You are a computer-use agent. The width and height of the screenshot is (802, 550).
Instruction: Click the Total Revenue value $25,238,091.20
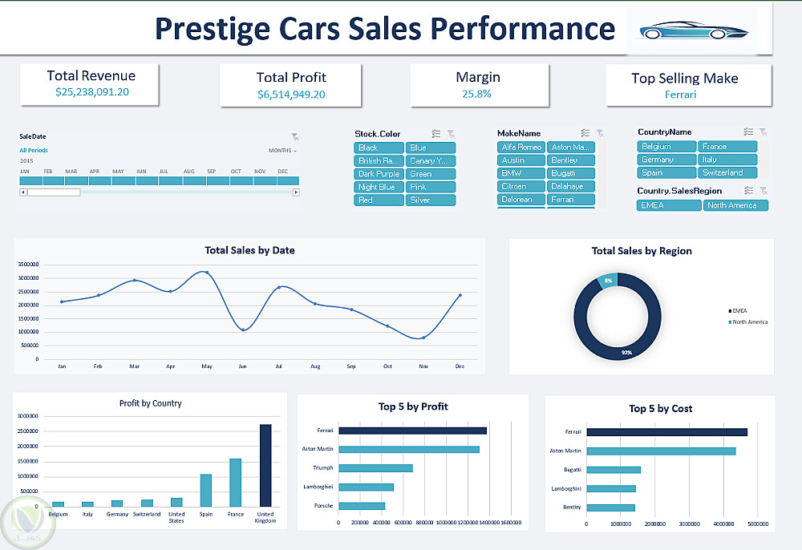92,92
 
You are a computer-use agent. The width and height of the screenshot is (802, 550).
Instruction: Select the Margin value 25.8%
477,94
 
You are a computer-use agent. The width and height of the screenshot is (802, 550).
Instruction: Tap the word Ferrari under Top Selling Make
681,95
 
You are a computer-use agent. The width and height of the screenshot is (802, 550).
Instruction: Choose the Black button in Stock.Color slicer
379,148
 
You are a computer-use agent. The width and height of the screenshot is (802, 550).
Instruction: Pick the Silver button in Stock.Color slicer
431,200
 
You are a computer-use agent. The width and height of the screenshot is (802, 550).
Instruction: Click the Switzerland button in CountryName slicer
727,172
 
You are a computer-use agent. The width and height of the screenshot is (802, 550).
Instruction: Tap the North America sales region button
735,205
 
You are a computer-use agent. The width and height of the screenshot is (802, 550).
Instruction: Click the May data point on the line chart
207,273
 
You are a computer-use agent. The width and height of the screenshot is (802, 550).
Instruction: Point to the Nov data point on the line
423,338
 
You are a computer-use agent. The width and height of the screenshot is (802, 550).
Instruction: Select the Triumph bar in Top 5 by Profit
375,467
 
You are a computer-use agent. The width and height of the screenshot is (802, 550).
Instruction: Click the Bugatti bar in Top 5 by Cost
614,470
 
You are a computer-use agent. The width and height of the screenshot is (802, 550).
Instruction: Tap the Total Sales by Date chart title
249,250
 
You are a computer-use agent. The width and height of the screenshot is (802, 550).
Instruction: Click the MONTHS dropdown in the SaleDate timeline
282,151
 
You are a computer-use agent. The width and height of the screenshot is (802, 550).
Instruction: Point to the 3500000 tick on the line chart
27,264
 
